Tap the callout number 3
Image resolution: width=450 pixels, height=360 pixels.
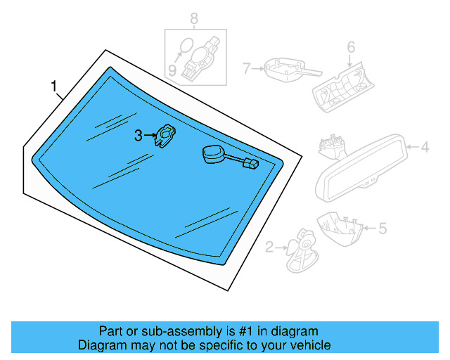[x=139, y=134]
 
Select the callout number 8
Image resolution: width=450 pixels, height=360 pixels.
[x=194, y=18]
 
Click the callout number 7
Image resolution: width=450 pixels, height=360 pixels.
[x=247, y=69]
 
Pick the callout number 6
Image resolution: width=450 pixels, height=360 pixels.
[x=350, y=48]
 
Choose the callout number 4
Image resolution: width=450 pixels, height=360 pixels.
[x=425, y=147]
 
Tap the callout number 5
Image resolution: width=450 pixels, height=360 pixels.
[x=382, y=227]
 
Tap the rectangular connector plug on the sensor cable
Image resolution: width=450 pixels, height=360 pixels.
[x=250, y=165]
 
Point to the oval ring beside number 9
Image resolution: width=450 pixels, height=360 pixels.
[x=185, y=47]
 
